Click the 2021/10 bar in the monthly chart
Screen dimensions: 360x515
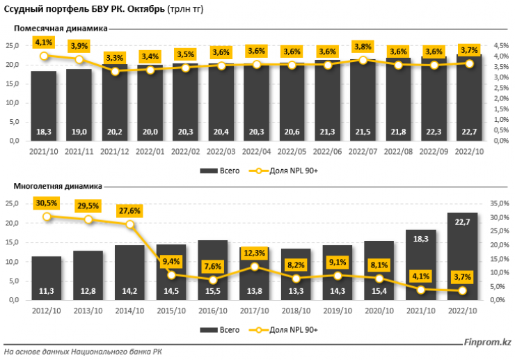point(43,104)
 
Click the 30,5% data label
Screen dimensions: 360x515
point(47,203)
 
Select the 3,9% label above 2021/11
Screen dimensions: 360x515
point(79,46)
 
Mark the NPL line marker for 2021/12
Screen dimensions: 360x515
point(115,71)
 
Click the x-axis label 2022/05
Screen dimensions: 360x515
point(292,150)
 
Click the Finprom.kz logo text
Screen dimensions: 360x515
point(488,342)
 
